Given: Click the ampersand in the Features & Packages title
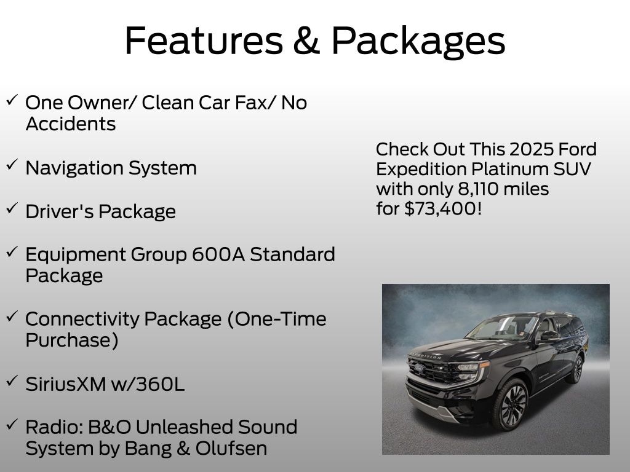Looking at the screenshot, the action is click(306, 40).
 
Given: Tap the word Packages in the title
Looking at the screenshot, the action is click(418, 41).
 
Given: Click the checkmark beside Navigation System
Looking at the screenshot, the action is click(12, 164).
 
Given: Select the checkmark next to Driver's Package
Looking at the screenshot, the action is click(12, 208).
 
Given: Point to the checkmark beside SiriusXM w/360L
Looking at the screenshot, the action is click(12, 380).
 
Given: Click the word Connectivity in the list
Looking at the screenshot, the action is click(82, 320).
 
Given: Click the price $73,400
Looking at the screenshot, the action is click(443, 209).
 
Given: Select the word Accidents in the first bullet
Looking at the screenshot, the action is click(71, 124).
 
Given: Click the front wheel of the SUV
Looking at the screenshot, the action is click(511, 404).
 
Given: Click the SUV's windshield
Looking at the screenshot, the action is click(501, 327).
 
